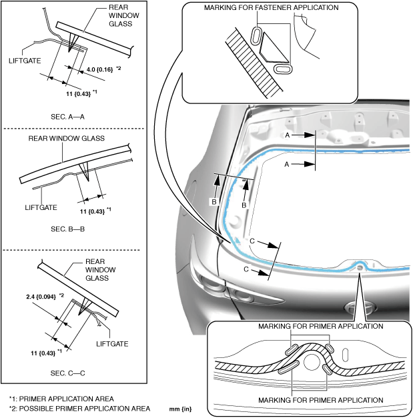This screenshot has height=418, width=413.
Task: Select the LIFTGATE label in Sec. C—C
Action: pos(111,344)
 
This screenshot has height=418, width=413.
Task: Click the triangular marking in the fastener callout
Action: pos(272,48)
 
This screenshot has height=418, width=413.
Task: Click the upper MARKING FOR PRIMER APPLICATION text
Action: pos(320,327)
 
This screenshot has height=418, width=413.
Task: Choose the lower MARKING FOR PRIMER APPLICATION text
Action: pos(320,399)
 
